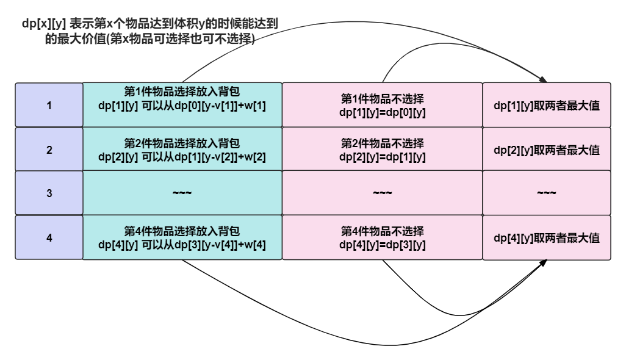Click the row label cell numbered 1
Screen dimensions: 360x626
coord(49,105)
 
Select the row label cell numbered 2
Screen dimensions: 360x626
coord(49,149)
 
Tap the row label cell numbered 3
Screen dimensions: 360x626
coord(49,193)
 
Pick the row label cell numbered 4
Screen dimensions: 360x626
coord(49,237)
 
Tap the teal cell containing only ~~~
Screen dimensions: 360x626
coord(182,193)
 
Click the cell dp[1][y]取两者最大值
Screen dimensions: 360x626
coord(546,105)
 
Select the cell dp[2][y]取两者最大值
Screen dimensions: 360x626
coord(546,149)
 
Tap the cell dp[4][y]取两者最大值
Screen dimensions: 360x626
coord(546,237)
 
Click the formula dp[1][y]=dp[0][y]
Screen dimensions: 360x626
coord(382,112)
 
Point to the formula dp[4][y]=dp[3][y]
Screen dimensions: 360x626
coord(382,245)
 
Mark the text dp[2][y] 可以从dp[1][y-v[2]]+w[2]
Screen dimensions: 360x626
coord(182,157)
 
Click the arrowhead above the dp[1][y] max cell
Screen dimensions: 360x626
coord(542,79)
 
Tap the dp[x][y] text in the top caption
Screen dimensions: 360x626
coord(43,24)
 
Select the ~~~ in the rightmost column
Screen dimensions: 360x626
coord(546,193)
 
